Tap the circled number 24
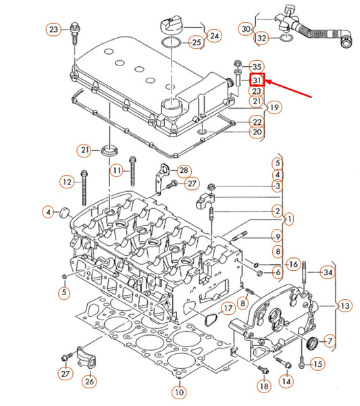pyautogui.click(x=214, y=34)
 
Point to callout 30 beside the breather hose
pyautogui.click(x=247, y=29)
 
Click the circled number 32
pyautogui.click(x=262, y=38)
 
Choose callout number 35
pyautogui.click(x=257, y=66)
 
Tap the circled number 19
pyautogui.click(x=274, y=107)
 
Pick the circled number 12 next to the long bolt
pyautogui.click(x=66, y=181)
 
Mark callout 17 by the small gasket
pyautogui.click(x=228, y=309)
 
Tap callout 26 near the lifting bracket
pyautogui.click(x=89, y=382)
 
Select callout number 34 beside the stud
pyautogui.click(x=328, y=272)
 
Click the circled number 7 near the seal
pyautogui.click(x=330, y=340)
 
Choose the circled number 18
pyautogui.click(x=263, y=385)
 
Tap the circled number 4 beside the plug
pyautogui.click(x=48, y=212)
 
